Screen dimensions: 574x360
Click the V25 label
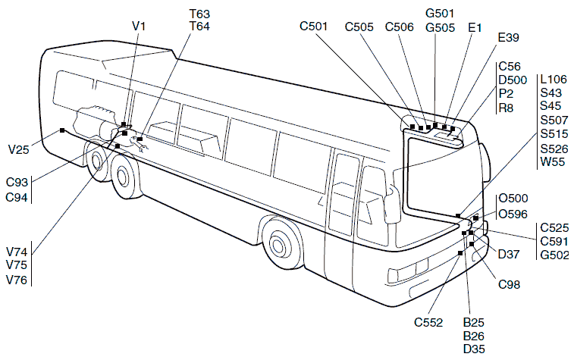[18, 149]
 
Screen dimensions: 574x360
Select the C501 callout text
[313, 27]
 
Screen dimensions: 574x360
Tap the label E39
[509, 37]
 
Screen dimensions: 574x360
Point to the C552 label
[428, 322]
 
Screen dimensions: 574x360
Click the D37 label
[509, 254]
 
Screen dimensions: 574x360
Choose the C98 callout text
[510, 284]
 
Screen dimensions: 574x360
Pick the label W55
[553, 161]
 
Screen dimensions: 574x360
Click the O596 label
[513, 214]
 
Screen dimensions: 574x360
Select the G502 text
[554, 255]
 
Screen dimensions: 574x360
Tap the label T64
[199, 27]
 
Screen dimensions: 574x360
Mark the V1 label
[139, 27]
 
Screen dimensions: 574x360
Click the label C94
[17, 198]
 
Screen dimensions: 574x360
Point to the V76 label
[17, 280]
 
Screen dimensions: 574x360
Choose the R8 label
[506, 108]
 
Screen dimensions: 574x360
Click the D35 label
[474, 349]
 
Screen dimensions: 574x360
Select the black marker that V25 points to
[62, 130]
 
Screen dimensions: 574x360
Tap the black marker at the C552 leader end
[460, 253]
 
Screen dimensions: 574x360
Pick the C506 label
[400, 27]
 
